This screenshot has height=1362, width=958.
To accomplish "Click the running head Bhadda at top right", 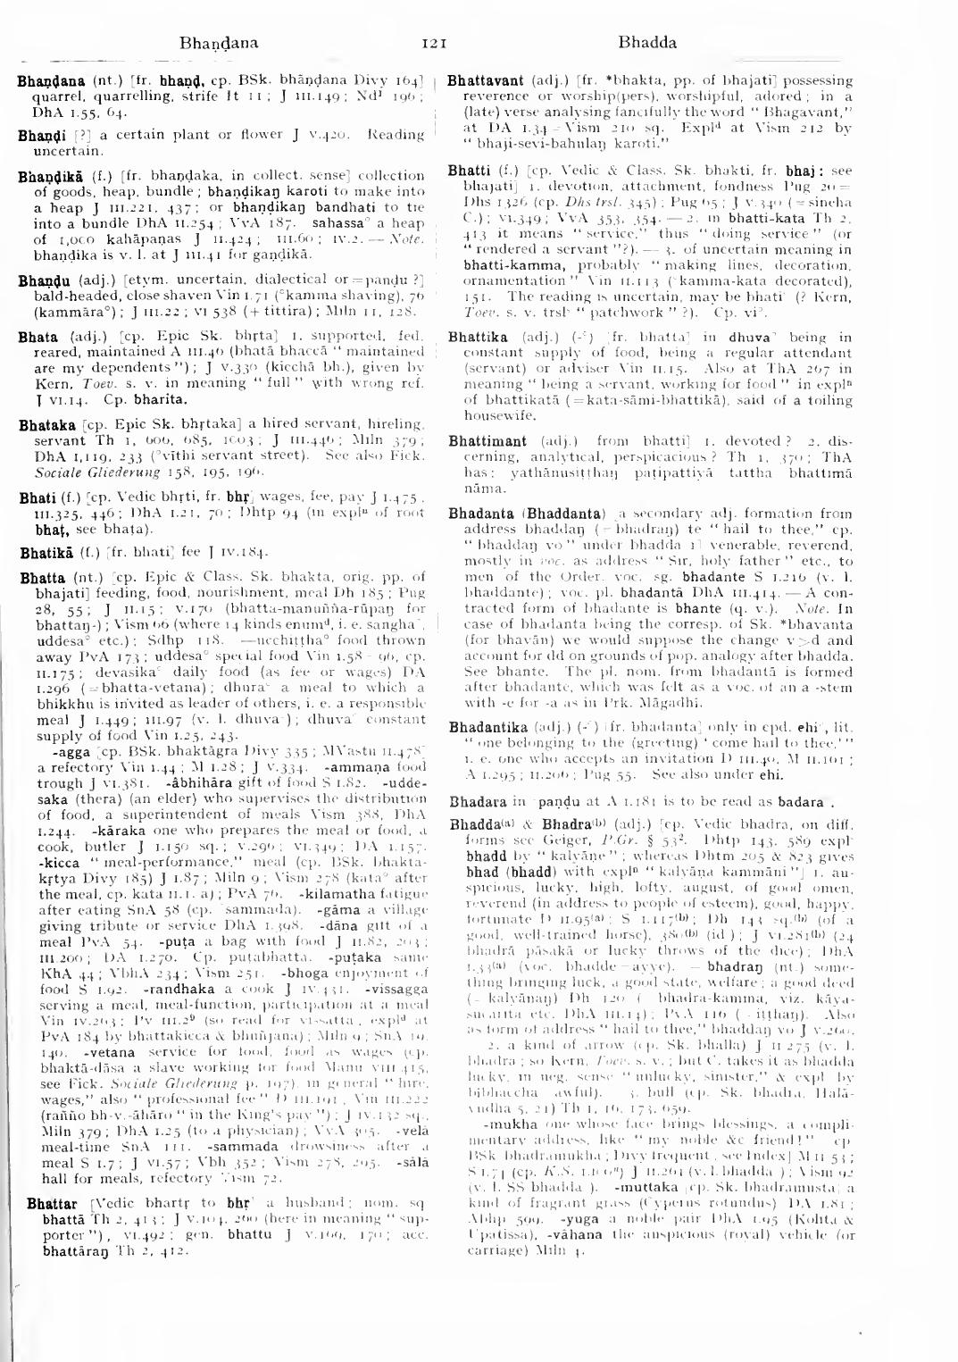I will coord(647,42).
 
